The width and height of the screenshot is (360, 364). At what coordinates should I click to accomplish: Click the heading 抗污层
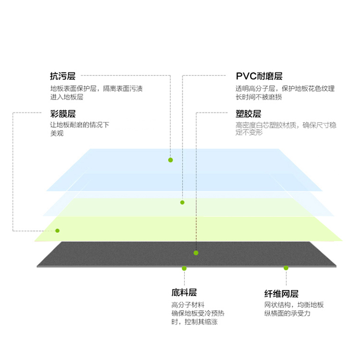(x=63, y=76)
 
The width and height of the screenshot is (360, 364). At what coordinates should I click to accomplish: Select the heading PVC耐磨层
(x=259, y=76)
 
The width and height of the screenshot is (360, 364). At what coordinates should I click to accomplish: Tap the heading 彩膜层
(x=63, y=114)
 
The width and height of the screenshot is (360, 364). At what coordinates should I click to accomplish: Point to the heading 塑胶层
(x=248, y=114)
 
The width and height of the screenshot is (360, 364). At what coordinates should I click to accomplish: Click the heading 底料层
(x=184, y=292)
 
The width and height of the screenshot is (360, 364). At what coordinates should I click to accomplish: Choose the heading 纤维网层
(x=281, y=294)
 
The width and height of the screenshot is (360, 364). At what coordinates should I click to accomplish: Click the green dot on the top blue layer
(x=170, y=160)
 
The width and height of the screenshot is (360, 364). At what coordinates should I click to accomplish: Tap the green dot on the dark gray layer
(x=196, y=253)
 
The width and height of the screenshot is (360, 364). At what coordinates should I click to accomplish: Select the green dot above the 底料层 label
(x=184, y=268)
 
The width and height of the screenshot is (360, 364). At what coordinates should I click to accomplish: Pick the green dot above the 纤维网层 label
(x=286, y=268)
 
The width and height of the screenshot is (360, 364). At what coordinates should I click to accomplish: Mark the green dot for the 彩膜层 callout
(x=57, y=231)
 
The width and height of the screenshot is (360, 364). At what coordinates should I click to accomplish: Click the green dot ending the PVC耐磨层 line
(x=182, y=203)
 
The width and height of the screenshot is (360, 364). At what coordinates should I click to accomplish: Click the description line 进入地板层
(x=67, y=97)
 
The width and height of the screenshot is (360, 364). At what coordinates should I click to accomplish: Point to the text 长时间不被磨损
(x=259, y=97)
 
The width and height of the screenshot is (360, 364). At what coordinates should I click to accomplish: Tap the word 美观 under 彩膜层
(x=57, y=133)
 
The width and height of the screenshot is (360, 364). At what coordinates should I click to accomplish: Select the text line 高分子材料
(x=188, y=304)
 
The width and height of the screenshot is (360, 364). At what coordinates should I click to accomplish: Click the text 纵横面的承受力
(x=288, y=314)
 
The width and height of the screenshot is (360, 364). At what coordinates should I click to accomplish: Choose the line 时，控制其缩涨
(x=194, y=322)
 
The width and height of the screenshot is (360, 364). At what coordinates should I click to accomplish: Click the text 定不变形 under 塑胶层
(x=249, y=133)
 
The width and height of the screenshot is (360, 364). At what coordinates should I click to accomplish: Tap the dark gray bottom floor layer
(x=186, y=255)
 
